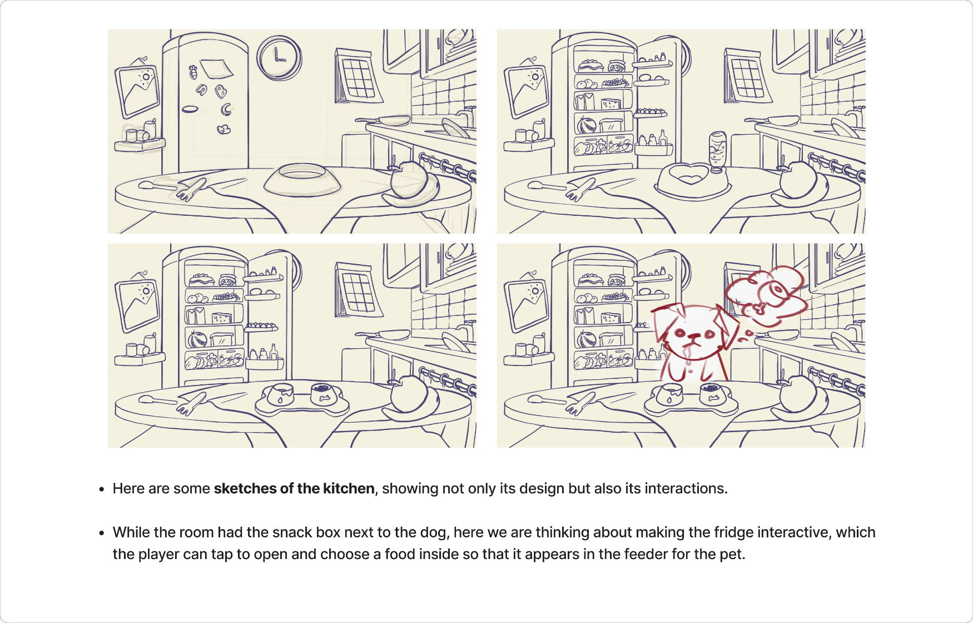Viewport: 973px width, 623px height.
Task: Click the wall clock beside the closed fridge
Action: tap(279, 57)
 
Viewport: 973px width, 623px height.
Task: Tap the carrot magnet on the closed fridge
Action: tap(193, 71)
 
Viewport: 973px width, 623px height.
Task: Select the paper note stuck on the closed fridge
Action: tap(216, 69)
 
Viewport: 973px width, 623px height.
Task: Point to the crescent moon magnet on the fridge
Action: tap(226, 109)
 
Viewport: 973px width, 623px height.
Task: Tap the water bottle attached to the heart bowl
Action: tap(718, 151)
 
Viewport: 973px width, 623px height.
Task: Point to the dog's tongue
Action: tap(689, 350)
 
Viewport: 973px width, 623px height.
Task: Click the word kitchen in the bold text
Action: tap(349, 488)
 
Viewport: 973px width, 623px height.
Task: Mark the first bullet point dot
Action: tap(101, 489)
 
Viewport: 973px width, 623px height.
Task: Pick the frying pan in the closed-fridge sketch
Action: tap(384, 120)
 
